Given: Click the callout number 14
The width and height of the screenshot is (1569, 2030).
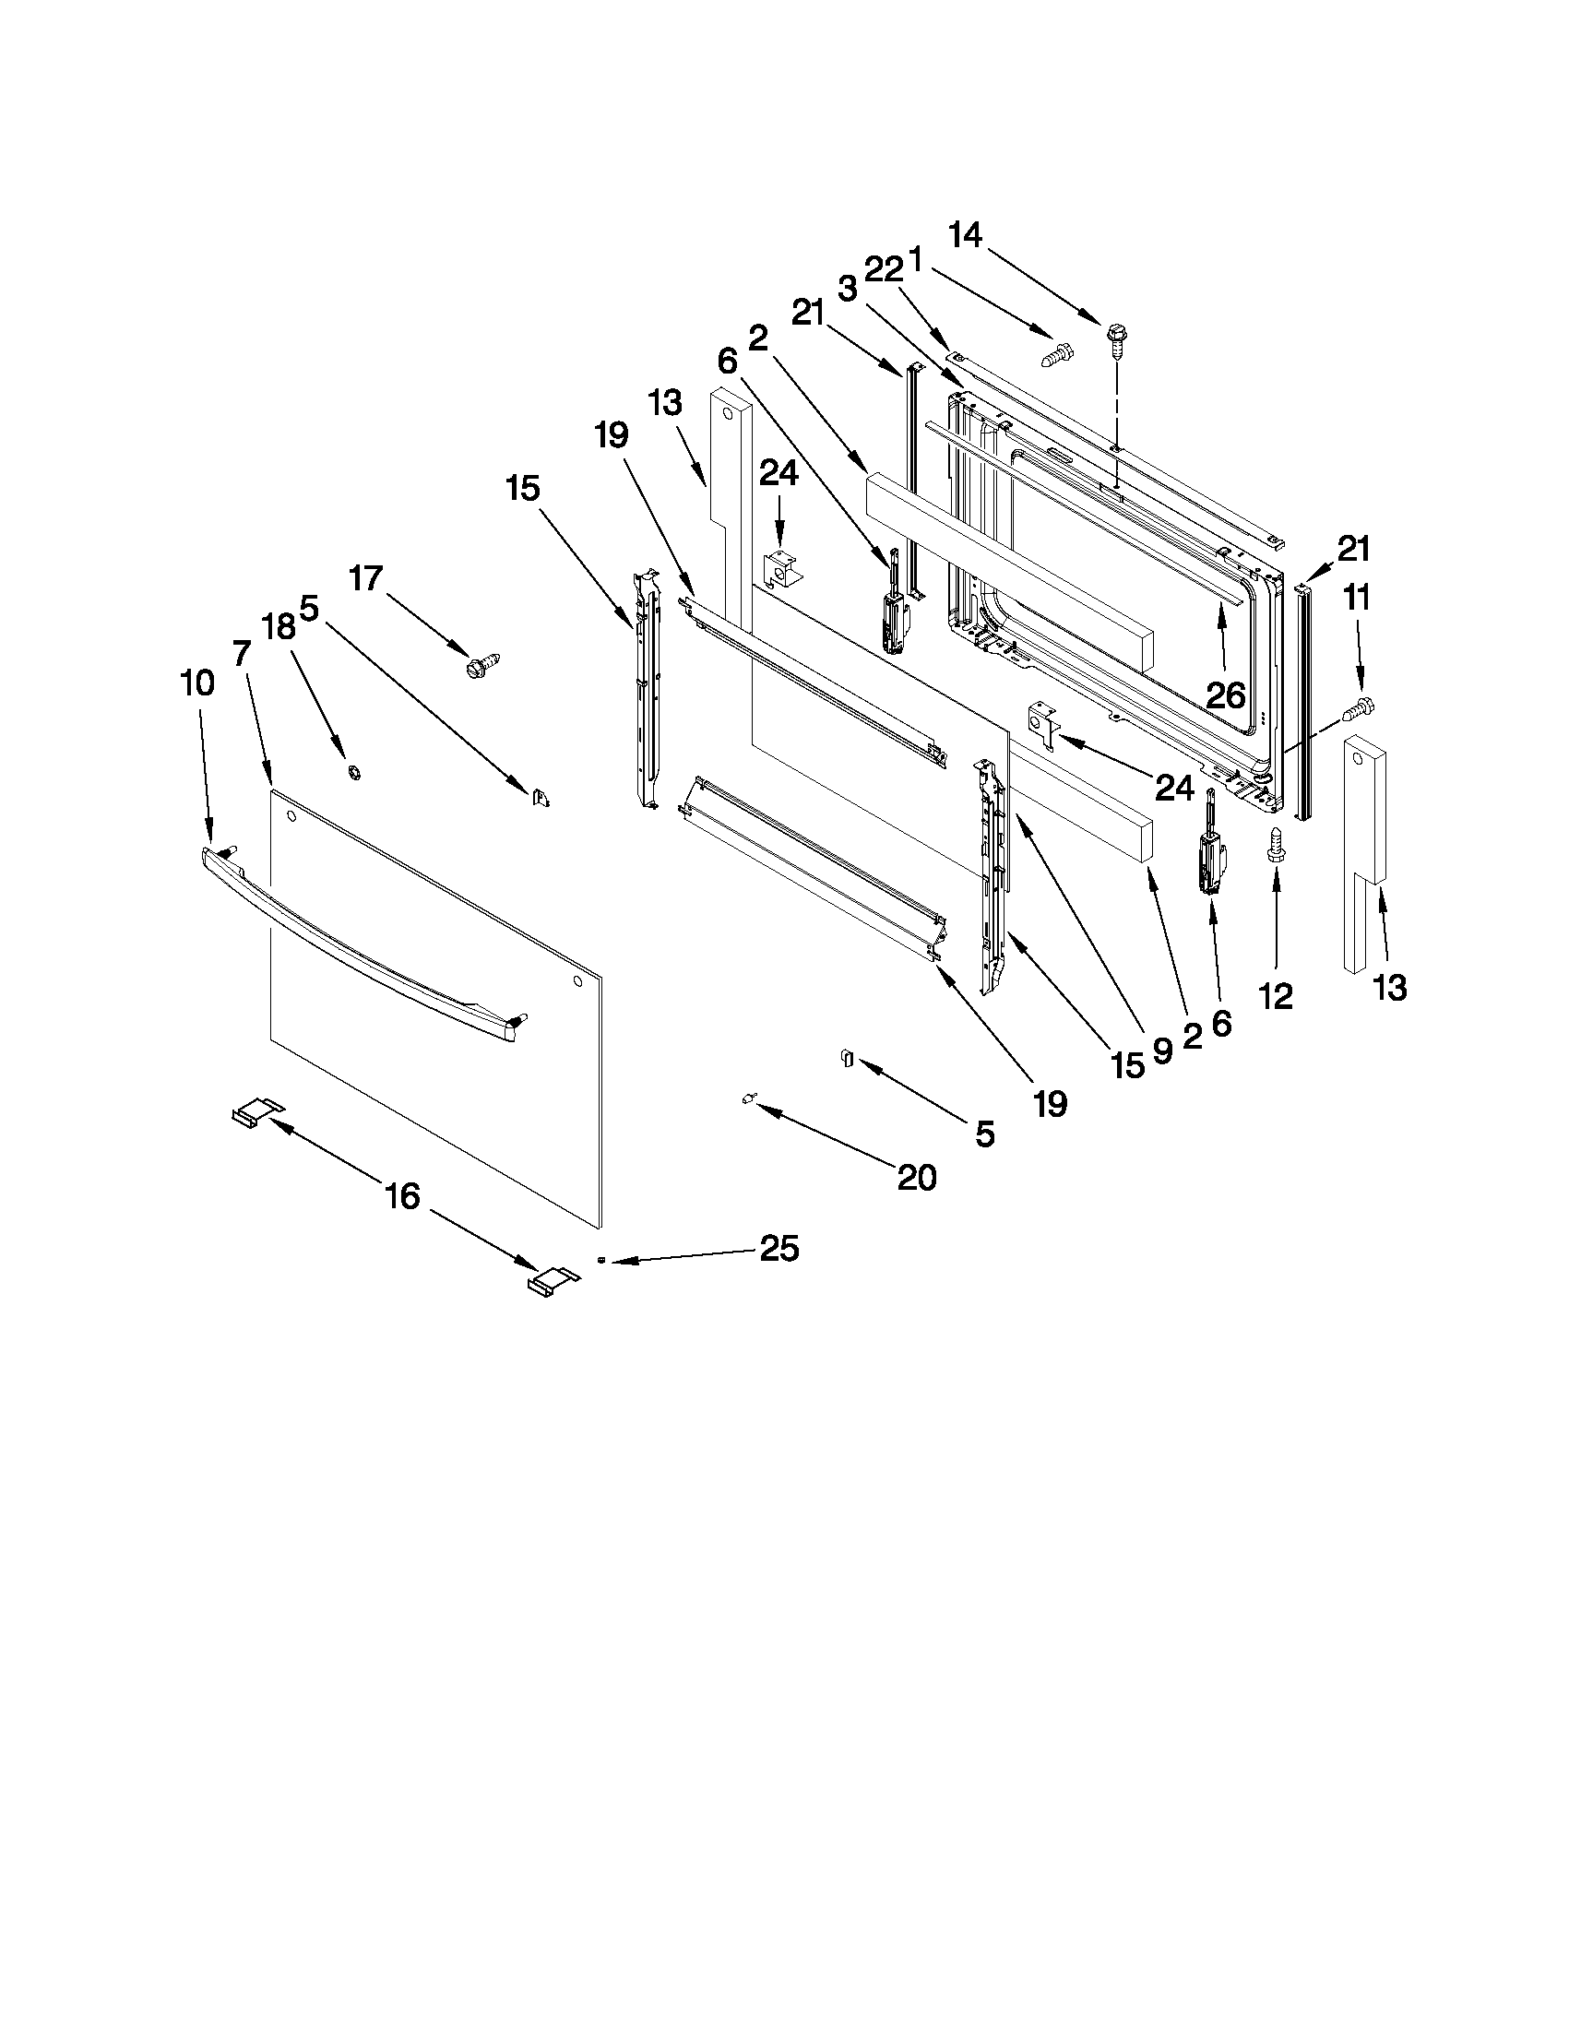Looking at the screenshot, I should click(966, 235).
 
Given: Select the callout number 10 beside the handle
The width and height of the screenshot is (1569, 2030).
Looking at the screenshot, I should click(197, 683).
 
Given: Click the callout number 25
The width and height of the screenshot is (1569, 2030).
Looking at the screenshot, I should click(779, 1248).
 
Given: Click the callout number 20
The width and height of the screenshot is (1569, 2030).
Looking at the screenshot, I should click(917, 1178).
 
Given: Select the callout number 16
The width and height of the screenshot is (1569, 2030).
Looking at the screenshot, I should click(402, 1196).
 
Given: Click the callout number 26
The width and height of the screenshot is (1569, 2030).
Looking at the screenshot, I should click(1225, 694).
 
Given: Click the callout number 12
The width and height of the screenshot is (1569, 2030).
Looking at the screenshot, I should click(1276, 996).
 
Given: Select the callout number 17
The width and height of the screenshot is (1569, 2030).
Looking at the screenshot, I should click(366, 578).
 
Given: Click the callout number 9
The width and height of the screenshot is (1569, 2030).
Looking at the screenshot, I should click(1162, 1051).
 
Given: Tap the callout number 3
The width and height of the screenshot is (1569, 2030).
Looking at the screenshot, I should click(847, 287).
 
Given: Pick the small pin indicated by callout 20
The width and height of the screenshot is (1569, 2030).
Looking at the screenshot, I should click(747, 1098).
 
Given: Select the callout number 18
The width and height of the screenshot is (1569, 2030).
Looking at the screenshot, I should click(278, 626).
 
